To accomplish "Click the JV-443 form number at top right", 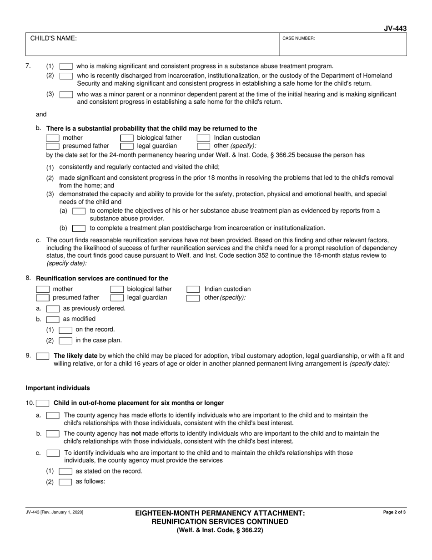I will pos(395,29).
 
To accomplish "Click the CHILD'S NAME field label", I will pos(53,39).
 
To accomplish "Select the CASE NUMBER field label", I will pos(298,39).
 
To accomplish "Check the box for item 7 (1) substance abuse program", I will pos(66,66).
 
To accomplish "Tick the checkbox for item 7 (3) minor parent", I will pos(66,95).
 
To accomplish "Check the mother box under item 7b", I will pos(53,138).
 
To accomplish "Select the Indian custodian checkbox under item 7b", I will pos(203,138).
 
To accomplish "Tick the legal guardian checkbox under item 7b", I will pos(126,146).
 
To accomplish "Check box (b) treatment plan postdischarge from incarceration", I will pos(79,228).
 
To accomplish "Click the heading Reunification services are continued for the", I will pos(102,279).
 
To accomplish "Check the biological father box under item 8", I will pos(117,289).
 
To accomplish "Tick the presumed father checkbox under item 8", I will pos(43,298).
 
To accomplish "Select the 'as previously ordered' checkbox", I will pos(53,309).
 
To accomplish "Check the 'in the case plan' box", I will pos(65,341).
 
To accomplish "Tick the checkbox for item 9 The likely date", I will pos(43,356).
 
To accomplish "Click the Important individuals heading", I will pos(58,388).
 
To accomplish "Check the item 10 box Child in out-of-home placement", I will pos(43,403).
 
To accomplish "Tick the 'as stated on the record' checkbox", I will pos(65,472).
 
